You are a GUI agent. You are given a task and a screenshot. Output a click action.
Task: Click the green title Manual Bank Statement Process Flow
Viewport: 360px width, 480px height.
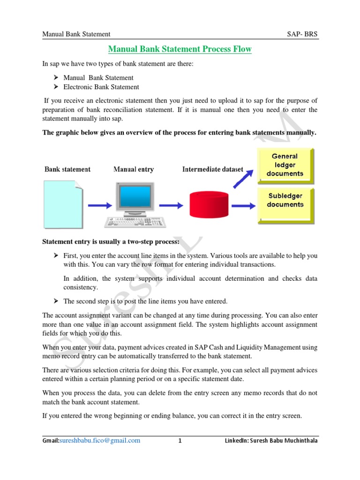[180, 49]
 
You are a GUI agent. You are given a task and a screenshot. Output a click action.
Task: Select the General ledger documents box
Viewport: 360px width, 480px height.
[285, 165]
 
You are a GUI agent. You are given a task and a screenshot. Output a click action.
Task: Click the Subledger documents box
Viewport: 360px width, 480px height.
[285, 200]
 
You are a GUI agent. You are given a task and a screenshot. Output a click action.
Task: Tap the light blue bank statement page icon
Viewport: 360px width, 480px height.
[63, 204]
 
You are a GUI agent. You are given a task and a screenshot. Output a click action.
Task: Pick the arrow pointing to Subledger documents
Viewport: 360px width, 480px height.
[243, 205]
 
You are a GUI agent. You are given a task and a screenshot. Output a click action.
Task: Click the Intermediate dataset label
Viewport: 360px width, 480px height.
[212, 169]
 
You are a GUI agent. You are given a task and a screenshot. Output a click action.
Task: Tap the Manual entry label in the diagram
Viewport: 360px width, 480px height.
[133, 169]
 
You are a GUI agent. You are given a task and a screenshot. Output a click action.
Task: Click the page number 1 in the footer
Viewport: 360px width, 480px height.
[180, 441]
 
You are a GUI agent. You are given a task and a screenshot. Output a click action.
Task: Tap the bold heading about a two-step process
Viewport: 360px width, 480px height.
[111, 242]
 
